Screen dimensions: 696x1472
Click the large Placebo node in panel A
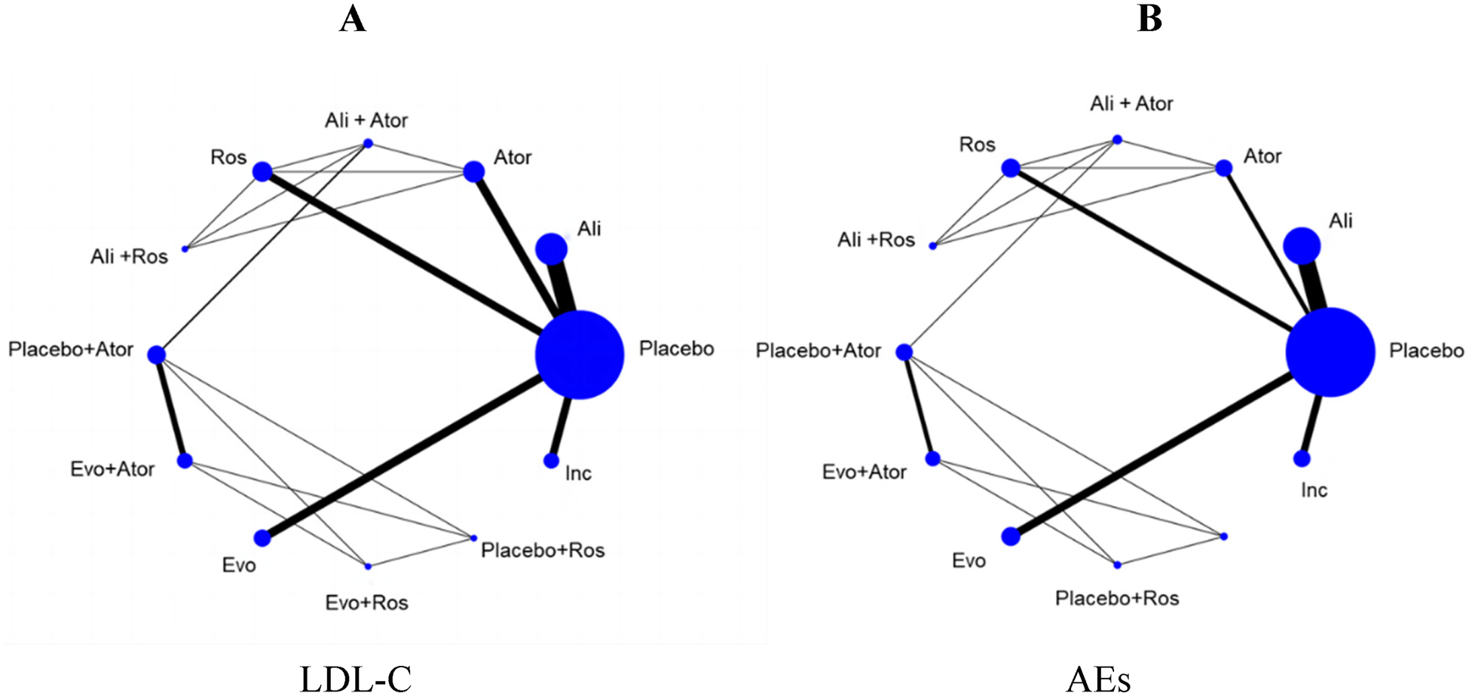point(580,354)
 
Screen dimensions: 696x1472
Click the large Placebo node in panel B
point(1330,352)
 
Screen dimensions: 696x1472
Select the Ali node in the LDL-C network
point(552,249)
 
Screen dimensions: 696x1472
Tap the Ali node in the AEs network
point(1302,246)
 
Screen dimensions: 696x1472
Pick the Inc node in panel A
point(551,460)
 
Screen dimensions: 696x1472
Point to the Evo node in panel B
point(1011,536)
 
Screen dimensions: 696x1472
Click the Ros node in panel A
point(262,172)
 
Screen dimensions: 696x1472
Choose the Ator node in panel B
point(1224,168)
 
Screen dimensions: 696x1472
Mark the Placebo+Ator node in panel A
point(156,355)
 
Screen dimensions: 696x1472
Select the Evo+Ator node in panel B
point(933,459)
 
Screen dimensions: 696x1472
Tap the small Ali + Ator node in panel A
point(369,143)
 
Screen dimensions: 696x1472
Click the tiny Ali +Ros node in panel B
point(933,246)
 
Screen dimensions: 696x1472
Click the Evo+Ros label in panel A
point(366,603)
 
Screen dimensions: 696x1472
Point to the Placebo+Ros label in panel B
point(1116,598)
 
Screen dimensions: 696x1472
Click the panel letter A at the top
point(353,20)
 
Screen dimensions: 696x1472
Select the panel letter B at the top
point(1149,20)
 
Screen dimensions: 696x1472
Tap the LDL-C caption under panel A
point(356,678)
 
